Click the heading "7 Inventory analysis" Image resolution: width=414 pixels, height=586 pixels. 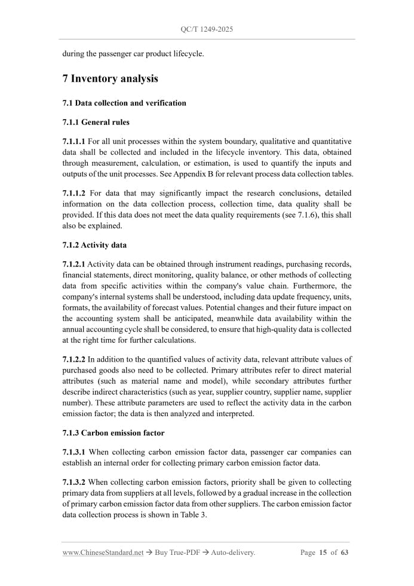110,78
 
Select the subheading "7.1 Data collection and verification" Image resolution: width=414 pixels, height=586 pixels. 124,103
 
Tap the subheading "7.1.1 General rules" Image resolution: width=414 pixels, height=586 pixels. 96,122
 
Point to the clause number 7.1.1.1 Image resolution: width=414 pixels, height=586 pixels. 74,141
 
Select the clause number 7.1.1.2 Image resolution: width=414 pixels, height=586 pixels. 74,193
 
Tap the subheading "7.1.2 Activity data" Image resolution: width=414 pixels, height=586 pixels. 94,245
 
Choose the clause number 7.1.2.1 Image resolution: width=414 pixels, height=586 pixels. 74,264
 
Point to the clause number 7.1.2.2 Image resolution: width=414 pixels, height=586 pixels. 74,359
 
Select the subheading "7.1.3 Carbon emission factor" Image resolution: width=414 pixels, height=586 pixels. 114,432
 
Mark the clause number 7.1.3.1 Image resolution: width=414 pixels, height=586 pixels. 74,451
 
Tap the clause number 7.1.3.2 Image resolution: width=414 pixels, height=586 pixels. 74,482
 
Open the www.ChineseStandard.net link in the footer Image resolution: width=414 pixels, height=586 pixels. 103,553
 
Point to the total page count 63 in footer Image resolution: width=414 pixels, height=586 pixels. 344,553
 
